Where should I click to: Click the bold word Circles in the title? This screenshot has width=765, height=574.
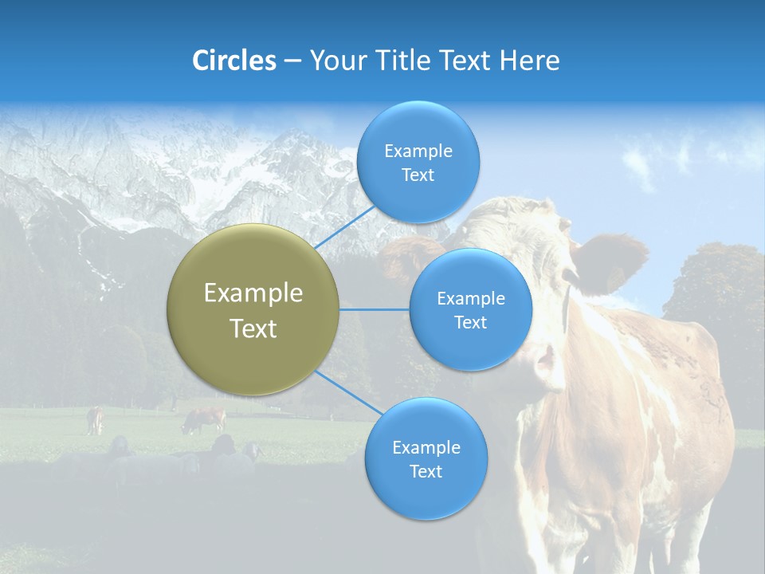pos(233,61)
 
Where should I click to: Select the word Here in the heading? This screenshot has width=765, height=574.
pos(529,61)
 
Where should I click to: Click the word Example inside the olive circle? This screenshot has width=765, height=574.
pos(253,293)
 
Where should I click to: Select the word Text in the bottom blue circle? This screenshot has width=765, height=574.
pos(426,471)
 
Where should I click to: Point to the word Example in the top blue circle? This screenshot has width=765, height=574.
pos(418,151)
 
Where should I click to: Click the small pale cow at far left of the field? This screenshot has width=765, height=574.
pos(95,419)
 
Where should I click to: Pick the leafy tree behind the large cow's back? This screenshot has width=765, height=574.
pos(713,287)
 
